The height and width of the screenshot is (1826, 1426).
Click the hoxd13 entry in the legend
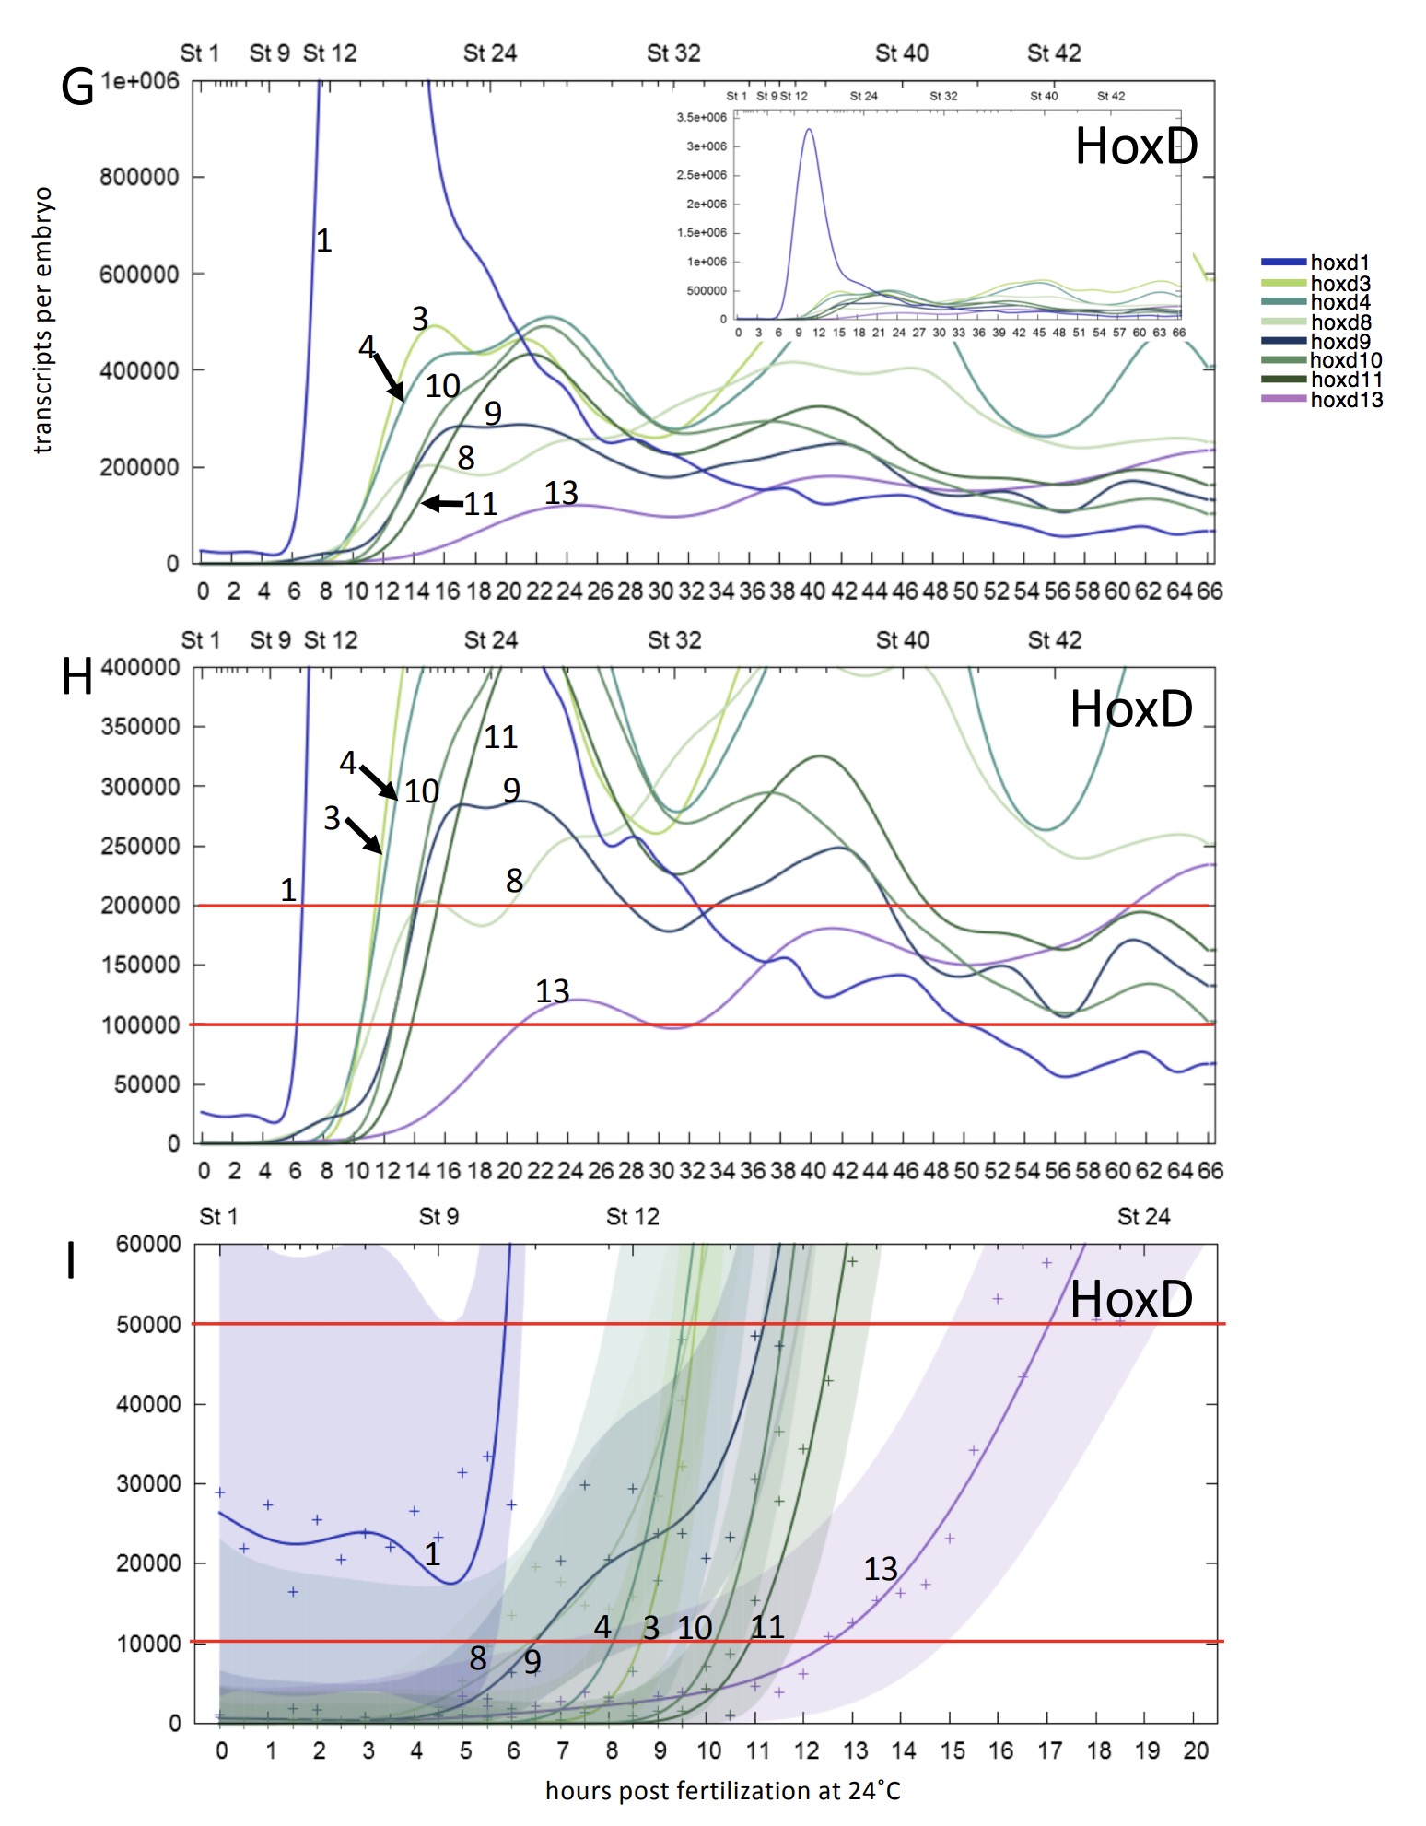click(1346, 400)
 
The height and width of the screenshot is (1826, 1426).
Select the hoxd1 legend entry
click(1339, 263)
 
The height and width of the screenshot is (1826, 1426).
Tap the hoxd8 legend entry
click(1340, 322)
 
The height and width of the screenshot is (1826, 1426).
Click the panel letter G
click(77, 88)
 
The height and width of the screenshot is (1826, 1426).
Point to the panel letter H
click(77, 677)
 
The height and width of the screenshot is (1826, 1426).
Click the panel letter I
click(71, 1260)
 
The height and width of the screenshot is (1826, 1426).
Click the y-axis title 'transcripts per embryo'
click(43, 320)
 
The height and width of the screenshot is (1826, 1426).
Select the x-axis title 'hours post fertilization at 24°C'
click(723, 1790)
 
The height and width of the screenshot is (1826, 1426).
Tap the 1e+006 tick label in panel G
click(140, 81)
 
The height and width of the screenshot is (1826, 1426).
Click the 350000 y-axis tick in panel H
click(140, 727)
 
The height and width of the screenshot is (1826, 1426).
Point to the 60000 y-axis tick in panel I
click(148, 1244)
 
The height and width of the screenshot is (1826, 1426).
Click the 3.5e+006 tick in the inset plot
click(701, 118)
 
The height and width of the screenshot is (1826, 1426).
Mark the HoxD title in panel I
click(1131, 1299)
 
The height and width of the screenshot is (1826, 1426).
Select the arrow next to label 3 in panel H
click(364, 835)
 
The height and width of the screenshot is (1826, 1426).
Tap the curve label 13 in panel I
click(880, 1569)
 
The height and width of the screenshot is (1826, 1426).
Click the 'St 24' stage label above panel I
click(1143, 1216)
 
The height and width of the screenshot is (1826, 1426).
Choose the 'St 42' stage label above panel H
click(1054, 640)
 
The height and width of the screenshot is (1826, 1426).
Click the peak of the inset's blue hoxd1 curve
click(809, 130)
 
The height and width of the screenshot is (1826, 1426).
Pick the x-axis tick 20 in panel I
click(1195, 1750)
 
